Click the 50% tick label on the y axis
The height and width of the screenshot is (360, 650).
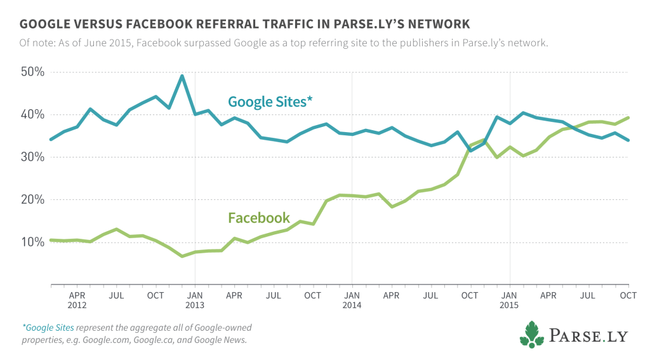click(x=32, y=72)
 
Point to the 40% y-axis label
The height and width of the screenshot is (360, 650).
click(x=32, y=114)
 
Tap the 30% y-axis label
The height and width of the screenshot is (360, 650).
click(x=32, y=157)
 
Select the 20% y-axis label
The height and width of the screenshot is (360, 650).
click(x=32, y=199)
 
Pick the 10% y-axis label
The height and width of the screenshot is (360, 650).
click(x=32, y=242)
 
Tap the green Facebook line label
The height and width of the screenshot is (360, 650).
click(x=258, y=218)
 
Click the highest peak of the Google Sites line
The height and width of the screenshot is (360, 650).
click(x=182, y=76)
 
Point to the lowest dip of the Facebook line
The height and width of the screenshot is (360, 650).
click(x=182, y=256)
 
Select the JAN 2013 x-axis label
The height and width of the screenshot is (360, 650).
click(x=195, y=300)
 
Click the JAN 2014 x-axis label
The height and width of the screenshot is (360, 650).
click(x=352, y=300)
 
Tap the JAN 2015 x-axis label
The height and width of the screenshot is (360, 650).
click(x=508, y=300)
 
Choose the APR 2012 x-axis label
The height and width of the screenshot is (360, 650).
click(x=77, y=300)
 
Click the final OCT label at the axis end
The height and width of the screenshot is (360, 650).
click(x=627, y=295)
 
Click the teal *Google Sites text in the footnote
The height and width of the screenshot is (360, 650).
click(x=48, y=328)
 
